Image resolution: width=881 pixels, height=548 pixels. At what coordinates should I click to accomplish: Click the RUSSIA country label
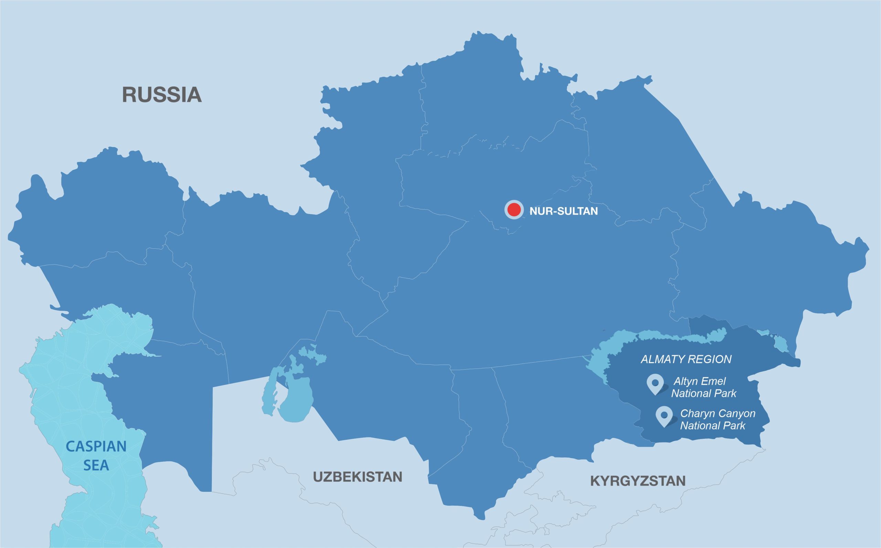[161, 95]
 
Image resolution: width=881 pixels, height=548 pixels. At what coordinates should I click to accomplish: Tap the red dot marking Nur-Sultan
[514, 209]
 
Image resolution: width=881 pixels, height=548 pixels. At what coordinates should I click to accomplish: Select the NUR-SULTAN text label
[563, 211]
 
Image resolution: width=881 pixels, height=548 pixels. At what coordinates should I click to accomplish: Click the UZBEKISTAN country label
[358, 477]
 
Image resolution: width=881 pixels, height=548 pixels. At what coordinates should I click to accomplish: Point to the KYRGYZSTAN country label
[638, 481]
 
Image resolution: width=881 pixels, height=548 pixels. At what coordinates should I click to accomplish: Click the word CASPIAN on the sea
[96, 446]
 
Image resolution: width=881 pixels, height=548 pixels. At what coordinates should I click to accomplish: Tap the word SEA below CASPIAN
[96, 465]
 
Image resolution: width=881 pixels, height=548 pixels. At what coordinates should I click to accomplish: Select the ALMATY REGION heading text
[686, 359]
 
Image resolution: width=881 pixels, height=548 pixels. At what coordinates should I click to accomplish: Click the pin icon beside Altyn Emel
[655, 383]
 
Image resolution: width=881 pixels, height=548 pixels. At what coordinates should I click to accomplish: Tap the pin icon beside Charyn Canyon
[664, 415]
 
